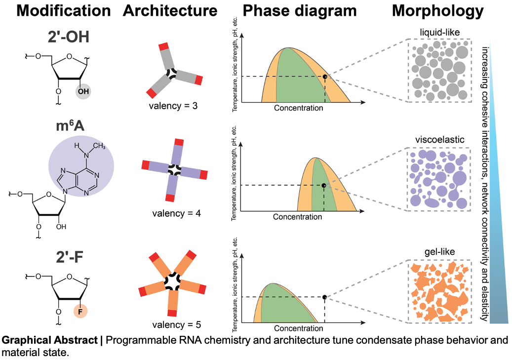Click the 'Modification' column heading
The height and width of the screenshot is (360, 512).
[x=64, y=10]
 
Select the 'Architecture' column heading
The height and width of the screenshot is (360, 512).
[x=170, y=10]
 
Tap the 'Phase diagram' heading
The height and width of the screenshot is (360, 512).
[x=299, y=11]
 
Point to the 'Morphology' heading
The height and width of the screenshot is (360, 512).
[x=437, y=11]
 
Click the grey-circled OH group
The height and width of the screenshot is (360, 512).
[x=83, y=91]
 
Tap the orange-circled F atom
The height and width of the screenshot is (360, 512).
[x=80, y=312]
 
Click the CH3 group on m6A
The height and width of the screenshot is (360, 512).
[x=99, y=146]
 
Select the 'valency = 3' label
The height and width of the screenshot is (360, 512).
[x=173, y=106]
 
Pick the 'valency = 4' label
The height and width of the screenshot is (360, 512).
[x=176, y=214]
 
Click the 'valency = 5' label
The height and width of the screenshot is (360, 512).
[x=176, y=325]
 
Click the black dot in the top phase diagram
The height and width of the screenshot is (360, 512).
[x=324, y=77]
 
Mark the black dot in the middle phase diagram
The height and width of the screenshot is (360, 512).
[x=323, y=186]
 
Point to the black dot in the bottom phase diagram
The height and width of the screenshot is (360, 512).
[x=324, y=297]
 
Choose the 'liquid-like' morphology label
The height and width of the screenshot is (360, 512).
[x=439, y=33]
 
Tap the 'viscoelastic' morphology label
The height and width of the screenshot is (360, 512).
[x=439, y=140]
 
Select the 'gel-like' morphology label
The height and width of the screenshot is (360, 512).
[x=439, y=252]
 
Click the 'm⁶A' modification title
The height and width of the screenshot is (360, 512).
[x=70, y=126]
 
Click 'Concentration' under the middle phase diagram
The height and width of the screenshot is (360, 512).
[x=297, y=217]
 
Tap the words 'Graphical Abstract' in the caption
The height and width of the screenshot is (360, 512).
[x=50, y=340]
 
